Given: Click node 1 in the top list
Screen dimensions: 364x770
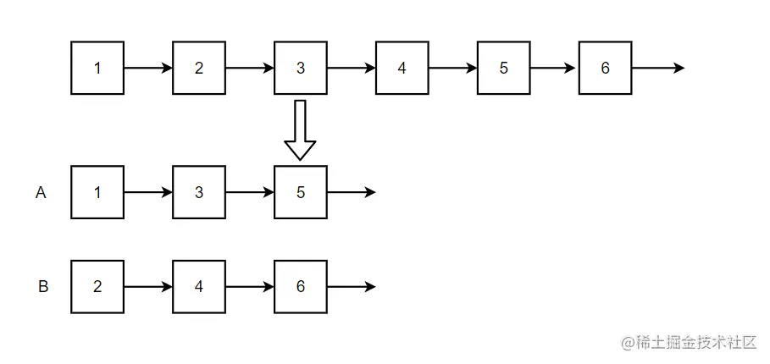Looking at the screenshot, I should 97,68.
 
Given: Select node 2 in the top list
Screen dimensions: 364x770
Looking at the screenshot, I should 199,68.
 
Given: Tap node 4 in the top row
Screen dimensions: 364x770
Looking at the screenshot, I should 402,68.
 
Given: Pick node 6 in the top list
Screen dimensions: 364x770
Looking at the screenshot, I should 605,68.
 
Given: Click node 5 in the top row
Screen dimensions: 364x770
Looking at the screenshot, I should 503,68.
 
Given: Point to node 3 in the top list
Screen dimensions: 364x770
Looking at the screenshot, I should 301,68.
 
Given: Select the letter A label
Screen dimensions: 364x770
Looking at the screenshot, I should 41,193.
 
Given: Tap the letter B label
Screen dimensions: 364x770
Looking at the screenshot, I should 43,287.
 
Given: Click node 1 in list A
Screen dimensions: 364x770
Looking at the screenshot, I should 97,192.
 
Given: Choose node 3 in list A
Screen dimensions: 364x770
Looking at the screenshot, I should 199,192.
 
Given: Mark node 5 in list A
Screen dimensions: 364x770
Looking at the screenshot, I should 301,192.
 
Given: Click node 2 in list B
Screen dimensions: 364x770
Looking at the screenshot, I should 97,287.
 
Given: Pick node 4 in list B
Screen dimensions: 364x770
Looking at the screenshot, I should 199,287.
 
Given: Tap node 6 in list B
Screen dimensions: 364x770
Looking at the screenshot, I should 301,287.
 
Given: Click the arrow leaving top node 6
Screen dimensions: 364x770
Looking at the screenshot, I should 657,68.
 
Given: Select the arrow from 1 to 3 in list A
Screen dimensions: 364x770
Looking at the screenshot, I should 148,192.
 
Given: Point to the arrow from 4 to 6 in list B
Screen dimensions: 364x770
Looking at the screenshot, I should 250,287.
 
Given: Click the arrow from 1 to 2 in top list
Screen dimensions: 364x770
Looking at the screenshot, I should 148,68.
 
